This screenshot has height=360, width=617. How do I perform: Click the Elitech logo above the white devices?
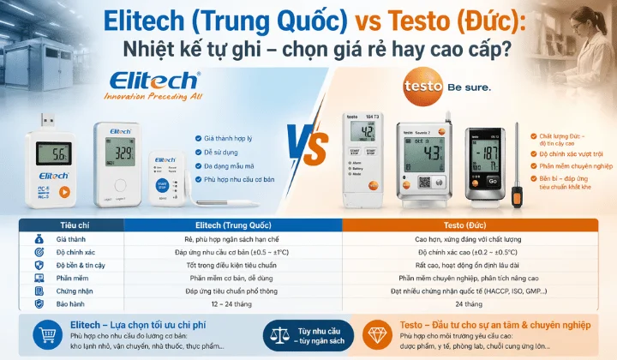tap(154, 82)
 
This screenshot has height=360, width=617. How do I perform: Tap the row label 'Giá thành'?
tap(70, 239)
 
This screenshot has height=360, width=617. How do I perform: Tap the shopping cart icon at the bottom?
tap(41, 335)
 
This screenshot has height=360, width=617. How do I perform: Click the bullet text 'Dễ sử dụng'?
tap(223, 151)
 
